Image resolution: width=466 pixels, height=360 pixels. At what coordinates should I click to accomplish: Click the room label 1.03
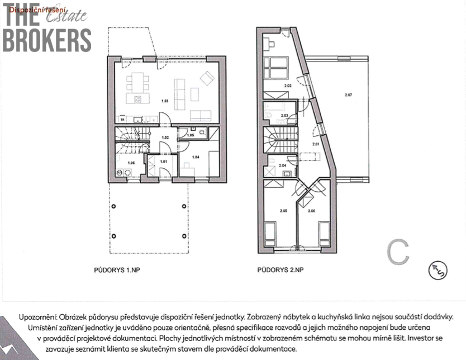[x=165, y=101]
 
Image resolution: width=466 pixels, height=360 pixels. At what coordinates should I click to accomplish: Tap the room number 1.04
[x=196, y=158]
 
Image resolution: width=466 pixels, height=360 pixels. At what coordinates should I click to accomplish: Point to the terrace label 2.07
[x=349, y=95]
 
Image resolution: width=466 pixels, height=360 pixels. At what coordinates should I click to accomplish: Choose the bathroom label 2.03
[x=284, y=116]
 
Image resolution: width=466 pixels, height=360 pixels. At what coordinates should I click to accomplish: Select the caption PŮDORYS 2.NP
[x=280, y=270]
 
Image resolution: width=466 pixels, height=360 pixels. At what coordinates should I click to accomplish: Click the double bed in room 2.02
[x=276, y=68]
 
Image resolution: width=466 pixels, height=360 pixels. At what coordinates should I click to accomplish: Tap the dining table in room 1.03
[x=137, y=86]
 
